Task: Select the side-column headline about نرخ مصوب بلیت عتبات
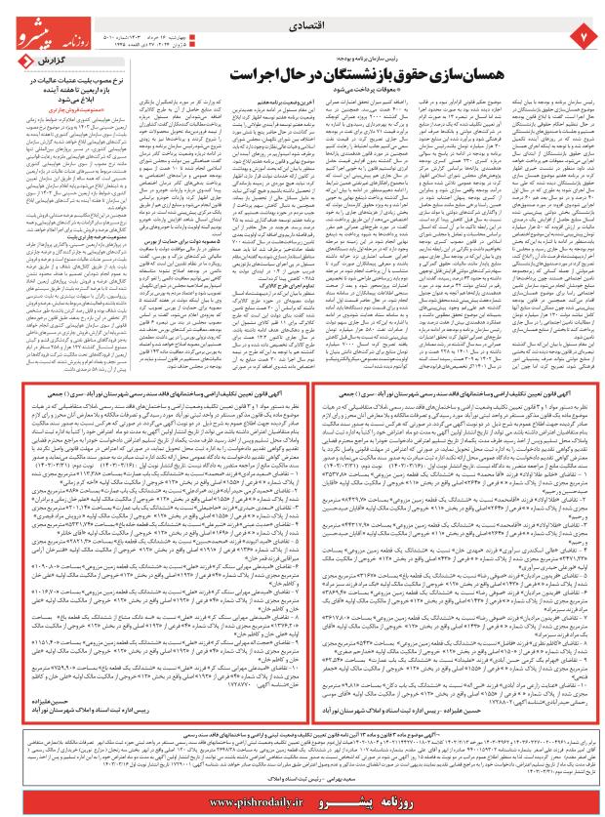63,91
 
